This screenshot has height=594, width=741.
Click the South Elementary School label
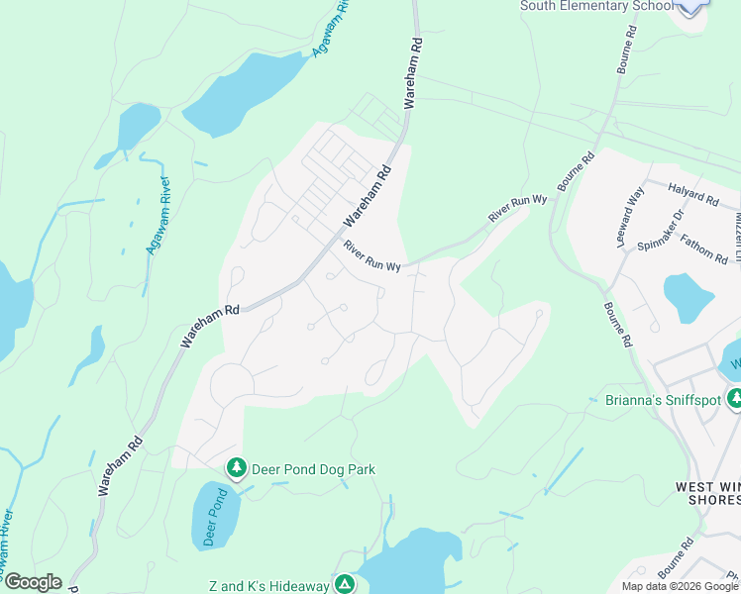[x=589, y=6]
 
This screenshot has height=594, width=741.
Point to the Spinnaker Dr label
[x=660, y=229]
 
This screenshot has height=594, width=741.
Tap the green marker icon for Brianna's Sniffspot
[x=734, y=398]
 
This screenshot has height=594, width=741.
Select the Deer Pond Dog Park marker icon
[x=236, y=466]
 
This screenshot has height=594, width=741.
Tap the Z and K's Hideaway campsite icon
[x=344, y=585]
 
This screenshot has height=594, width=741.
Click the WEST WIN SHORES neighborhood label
[x=707, y=493]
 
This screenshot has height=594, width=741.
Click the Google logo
[x=32, y=582]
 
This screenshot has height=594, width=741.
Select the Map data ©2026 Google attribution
[x=680, y=586]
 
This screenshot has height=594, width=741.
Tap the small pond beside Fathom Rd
[x=688, y=294]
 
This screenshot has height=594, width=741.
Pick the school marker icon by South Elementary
[x=692, y=3]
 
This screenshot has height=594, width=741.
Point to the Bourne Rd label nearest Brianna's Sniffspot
[x=615, y=325]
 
